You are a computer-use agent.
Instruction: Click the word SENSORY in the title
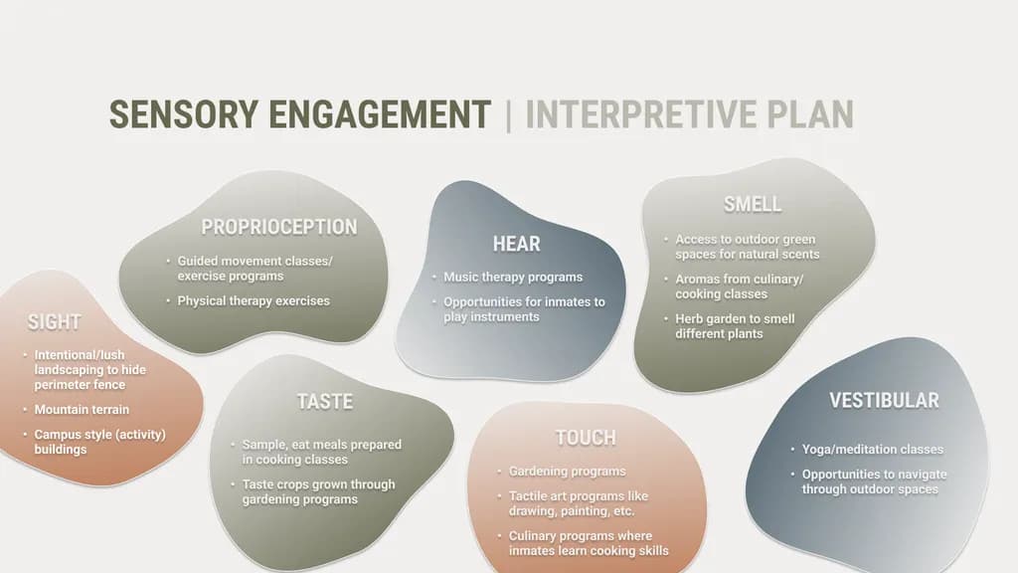click(184, 114)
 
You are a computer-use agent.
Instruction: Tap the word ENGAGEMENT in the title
click(380, 114)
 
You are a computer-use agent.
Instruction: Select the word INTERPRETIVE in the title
click(641, 114)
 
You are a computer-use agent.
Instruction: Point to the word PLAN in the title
click(810, 114)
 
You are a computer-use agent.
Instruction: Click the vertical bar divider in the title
click(508, 115)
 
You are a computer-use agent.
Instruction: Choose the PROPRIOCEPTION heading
click(279, 227)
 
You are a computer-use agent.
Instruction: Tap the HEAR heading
click(516, 244)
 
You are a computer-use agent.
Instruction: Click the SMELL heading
click(753, 204)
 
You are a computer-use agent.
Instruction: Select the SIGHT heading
click(55, 321)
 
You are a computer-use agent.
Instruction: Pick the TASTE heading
click(325, 402)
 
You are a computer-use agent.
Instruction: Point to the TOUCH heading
click(586, 438)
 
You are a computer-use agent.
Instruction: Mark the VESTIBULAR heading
click(884, 400)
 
